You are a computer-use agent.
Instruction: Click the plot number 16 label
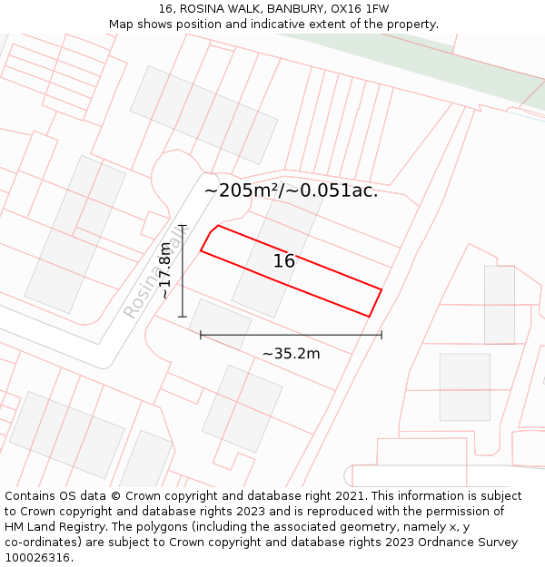pyautogui.click(x=284, y=261)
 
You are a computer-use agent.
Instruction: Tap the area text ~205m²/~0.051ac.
pyautogui.click(x=291, y=191)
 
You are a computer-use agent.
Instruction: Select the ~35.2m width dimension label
pyautogui.click(x=291, y=354)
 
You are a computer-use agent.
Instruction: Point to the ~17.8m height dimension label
pyautogui.click(x=163, y=270)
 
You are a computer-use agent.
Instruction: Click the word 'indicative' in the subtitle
pyautogui.click(x=320, y=24)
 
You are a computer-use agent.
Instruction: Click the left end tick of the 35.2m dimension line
pyautogui.click(x=201, y=335)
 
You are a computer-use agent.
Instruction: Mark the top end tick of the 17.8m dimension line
pyautogui.click(x=183, y=226)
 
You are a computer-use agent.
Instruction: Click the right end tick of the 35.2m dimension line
pyautogui.click(x=381, y=335)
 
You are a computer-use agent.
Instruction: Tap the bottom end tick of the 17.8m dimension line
pyautogui.click(x=183, y=317)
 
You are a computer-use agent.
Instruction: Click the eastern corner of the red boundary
pyautogui.click(x=381, y=289)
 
